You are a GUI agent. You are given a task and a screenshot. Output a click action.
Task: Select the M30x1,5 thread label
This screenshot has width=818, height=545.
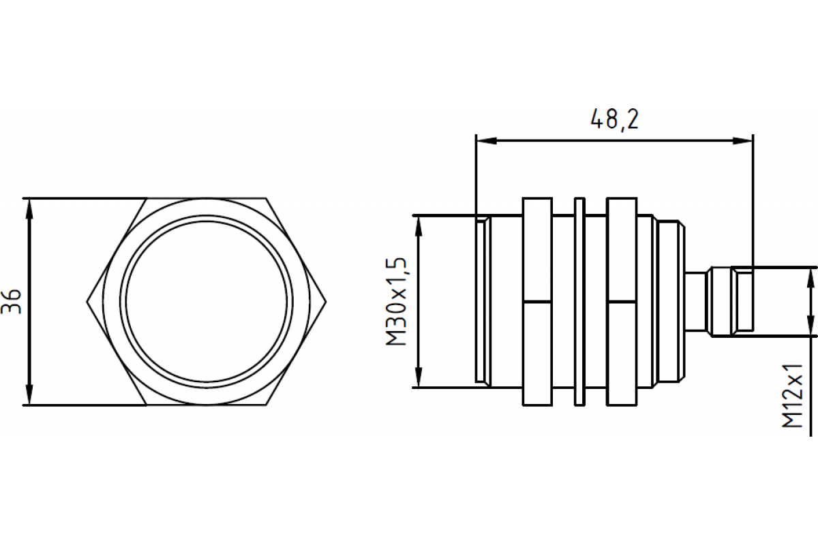(397, 301)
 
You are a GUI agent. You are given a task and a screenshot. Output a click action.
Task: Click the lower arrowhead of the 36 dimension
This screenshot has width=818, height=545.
(29, 398)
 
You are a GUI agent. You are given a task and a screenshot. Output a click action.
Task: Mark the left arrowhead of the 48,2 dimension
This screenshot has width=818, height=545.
(484, 141)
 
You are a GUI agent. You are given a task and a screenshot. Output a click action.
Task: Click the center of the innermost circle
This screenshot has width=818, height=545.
(207, 301)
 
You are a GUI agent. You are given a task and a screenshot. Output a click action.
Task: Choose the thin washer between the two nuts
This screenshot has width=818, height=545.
(580, 301)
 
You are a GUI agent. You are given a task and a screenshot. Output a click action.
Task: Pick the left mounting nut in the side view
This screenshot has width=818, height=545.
(536, 301)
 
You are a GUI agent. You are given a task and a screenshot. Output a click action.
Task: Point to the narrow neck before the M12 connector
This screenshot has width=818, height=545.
(696, 301)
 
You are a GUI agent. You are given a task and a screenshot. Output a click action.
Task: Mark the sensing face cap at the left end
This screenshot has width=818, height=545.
(482, 301)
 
